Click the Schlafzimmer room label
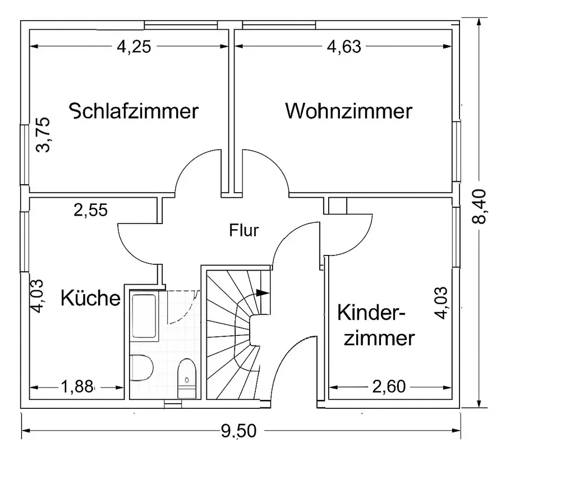(134, 111)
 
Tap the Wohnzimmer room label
(348, 111)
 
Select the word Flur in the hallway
(244, 230)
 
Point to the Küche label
(90, 298)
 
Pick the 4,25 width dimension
(134, 47)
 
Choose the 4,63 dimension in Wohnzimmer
(343, 47)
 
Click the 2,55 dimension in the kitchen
(91, 211)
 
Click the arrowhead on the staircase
(261, 292)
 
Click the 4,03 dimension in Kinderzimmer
(443, 303)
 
